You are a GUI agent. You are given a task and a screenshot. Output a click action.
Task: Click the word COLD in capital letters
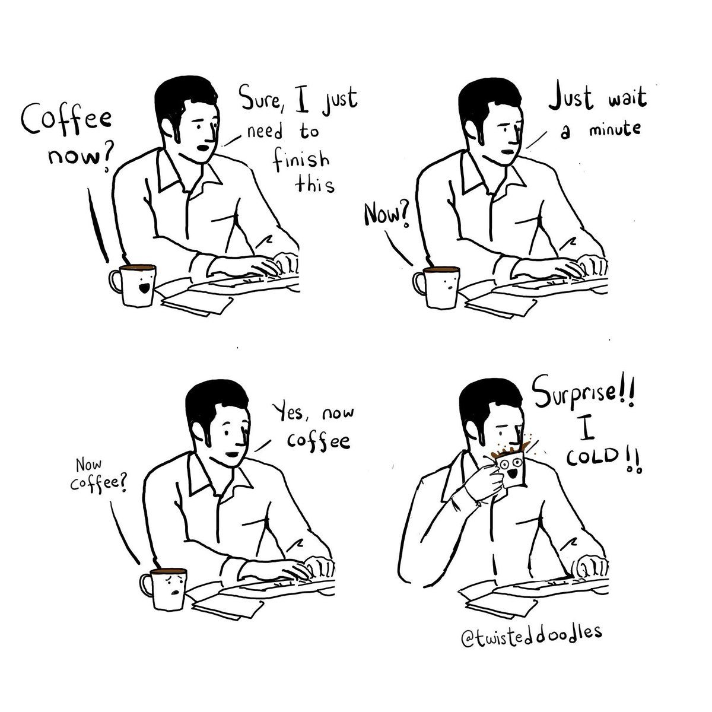click(x=592, y=457)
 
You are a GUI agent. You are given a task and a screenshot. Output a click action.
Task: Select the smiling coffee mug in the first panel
click(x=133, y=285)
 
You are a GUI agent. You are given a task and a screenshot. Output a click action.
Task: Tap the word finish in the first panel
click(x=301, y=161)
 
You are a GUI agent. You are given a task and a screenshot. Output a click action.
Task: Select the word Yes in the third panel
click(x=293, y=412)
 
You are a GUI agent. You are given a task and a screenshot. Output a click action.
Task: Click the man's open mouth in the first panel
click(x=204, y=148)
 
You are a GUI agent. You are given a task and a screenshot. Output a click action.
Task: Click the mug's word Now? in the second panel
click(x=386, y=215)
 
